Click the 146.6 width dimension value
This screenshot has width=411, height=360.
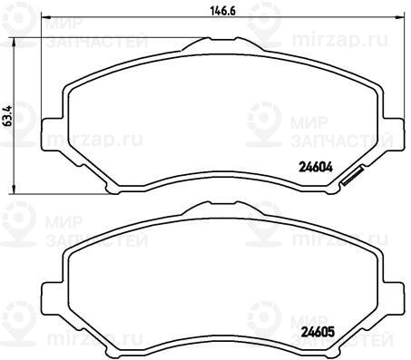222,11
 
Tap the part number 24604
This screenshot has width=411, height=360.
316,167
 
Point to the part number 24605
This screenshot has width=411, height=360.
318,332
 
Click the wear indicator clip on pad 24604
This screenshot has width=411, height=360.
352,176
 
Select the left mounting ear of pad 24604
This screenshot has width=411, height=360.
52,134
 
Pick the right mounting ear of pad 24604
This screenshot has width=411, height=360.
394,133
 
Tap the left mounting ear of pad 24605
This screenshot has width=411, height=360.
52,298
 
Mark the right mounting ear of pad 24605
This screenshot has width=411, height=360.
394,298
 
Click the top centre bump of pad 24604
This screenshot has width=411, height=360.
222,44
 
